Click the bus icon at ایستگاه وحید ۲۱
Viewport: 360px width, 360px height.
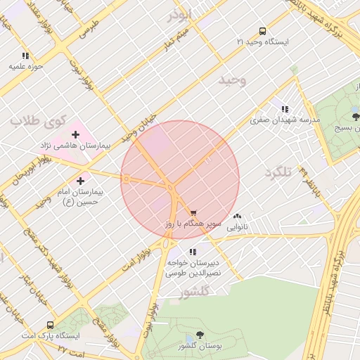(262, 31)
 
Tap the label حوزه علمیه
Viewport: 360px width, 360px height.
(26, 66)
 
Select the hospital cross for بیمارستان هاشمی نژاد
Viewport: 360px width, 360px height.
(75, 134)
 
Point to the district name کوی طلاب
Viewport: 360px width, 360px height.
(36, 121)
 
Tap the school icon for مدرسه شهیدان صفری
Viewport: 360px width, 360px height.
(285, 109)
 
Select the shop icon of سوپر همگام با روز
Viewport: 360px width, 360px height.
(193, 212)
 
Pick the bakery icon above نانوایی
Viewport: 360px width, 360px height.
(236, 217)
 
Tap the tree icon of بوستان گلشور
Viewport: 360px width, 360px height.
(200, 335)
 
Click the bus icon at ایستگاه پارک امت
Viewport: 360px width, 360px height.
(50, 325)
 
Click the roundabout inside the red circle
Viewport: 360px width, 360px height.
(172, 188)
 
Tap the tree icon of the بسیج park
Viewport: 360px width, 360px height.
(356, 117)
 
